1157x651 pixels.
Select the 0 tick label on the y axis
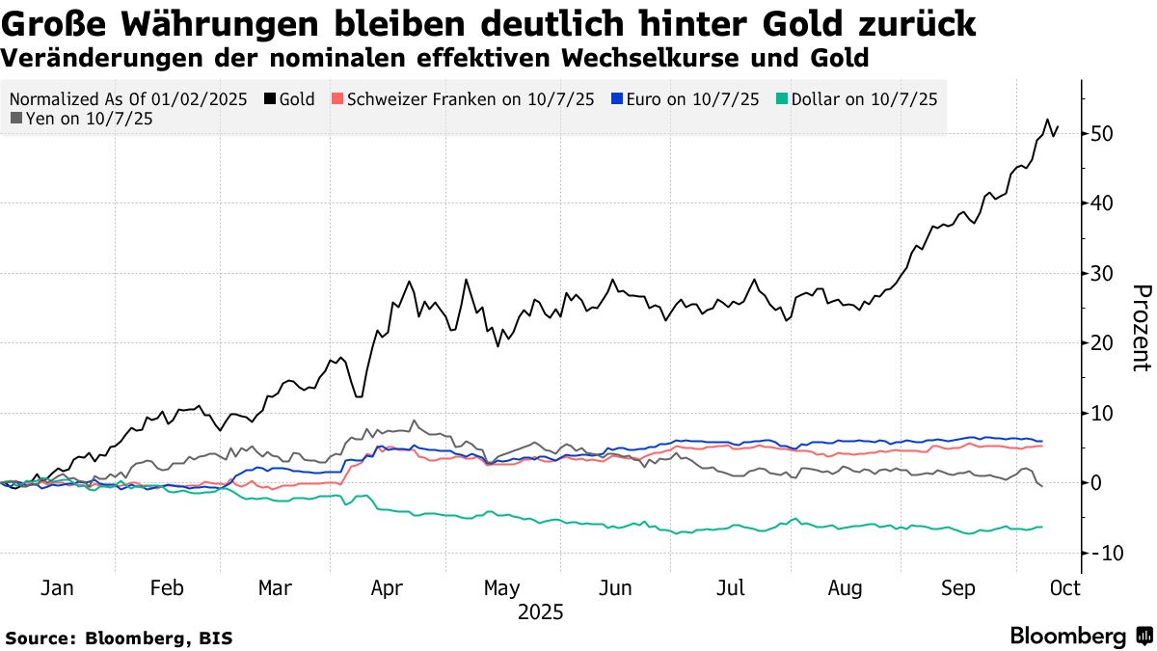(1096, 482)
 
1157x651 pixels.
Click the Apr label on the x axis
(387, 588)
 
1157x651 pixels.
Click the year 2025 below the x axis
(540, 612)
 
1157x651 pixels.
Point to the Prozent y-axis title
(1141, 328)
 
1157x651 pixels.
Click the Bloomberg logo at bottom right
(1080, 637)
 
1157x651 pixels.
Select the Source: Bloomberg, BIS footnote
(119, 637)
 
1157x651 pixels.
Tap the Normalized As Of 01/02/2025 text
(128, 99)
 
